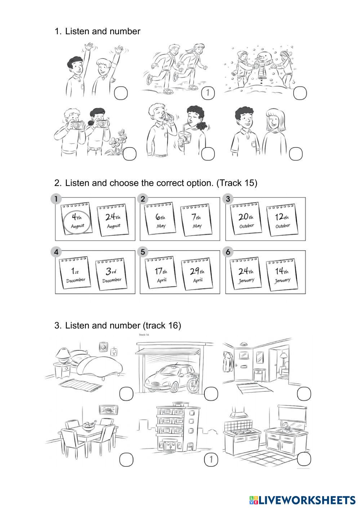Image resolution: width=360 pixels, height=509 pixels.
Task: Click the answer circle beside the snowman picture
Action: [300, 93]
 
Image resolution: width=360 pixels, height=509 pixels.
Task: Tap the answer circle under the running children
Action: [208, 93]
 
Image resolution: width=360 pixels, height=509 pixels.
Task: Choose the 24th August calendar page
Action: [114, 221]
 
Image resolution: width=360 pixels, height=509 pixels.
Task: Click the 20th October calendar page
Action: [246, 220]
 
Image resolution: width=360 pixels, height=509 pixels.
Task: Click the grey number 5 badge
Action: [143, 252]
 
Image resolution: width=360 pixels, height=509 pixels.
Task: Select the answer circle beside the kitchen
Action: [304, 459]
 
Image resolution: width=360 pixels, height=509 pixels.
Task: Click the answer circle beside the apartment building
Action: [211, 459]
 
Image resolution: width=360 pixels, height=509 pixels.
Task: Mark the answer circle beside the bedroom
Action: [126, 394]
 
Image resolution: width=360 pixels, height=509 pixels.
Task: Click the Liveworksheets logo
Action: [302, 500]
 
